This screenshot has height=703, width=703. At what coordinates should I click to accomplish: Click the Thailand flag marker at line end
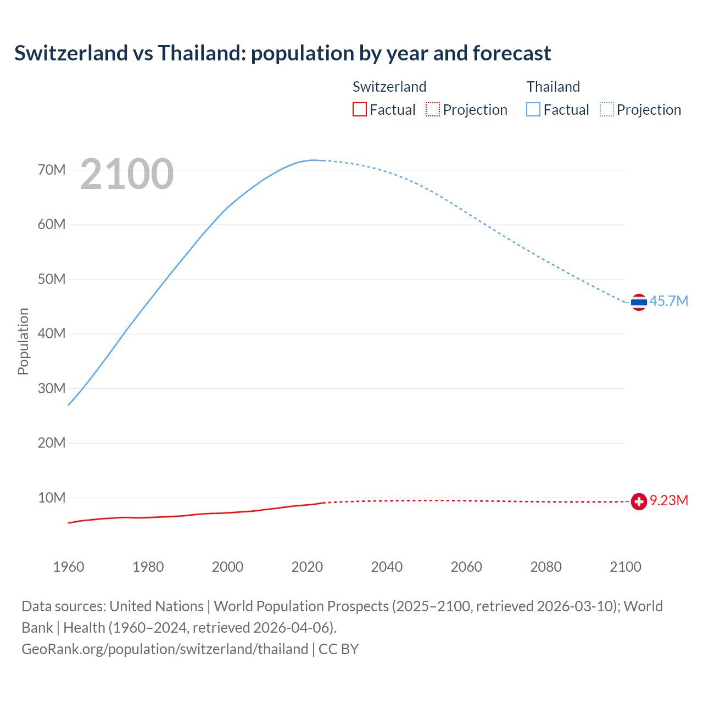(x=639, y=302)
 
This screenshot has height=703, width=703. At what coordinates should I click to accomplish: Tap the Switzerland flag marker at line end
(x=639, y=501)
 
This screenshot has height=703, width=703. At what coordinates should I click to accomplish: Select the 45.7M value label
(x=668, y=301)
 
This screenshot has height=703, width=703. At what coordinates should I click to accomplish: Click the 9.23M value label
(x=669, y=500)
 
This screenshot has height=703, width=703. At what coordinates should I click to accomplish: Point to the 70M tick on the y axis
(x=52, y=170)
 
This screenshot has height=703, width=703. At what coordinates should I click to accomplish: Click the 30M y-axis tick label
(x=52, y=388)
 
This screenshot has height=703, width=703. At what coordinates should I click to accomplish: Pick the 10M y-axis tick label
(x=52, y=498)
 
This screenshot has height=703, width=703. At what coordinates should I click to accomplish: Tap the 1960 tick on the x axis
(x=69, y=567)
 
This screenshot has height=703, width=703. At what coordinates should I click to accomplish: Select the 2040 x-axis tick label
(x=387, y=567)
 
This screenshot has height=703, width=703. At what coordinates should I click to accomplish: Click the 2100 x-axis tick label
(x=625, y=567)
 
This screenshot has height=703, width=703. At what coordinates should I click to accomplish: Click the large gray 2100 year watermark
(x=127, y=174)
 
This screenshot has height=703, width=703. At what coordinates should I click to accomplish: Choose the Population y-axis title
(x=23, y=341)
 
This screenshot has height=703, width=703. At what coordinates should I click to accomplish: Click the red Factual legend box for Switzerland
(x=359, y=109)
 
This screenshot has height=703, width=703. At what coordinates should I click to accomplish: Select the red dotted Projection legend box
(x=433, y=109)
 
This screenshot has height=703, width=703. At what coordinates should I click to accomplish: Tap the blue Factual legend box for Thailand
(x=533, y=109)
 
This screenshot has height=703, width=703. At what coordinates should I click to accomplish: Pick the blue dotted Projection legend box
(x=606, y=109)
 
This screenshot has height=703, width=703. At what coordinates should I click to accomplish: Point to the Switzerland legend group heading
(x=389, y=87)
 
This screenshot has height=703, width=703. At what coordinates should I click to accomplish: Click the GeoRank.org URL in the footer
(x=165, y=649)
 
